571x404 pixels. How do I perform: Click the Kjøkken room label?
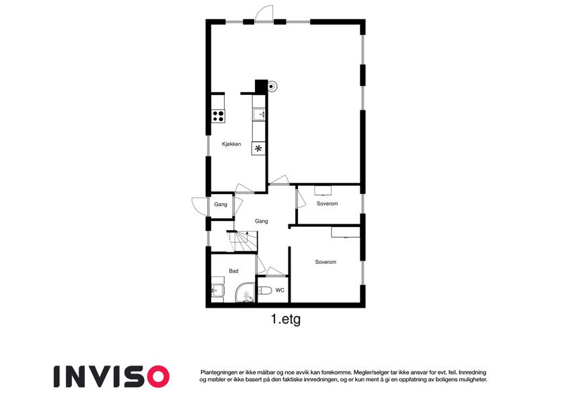coord(231,144)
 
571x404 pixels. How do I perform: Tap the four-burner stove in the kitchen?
coord(218,116)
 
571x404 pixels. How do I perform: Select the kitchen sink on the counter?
coord(260,113)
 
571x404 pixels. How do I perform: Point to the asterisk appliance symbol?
coord(258,148)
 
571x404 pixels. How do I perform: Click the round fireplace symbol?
coord(272,86)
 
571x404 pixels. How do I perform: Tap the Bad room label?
coord(234,271)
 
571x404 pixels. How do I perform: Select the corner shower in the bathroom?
coord(245,293)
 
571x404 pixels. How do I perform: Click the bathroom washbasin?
coord(218,290)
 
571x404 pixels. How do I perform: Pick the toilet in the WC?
coord(265,290)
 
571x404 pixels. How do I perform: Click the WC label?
coord(280,290)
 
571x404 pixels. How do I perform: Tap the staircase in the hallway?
coord(242,241)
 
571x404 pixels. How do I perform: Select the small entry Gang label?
coord(221,204)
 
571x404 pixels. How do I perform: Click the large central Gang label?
coord(262,221)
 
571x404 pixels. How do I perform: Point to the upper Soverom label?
coord(327,203)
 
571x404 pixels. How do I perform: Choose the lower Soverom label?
coord(326,262)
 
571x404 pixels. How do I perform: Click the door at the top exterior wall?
coord(264,14)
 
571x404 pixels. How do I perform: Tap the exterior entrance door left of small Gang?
coord(200,206)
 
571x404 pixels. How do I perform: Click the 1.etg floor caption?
coord(286,320)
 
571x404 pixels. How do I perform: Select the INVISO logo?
coord(112,376)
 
